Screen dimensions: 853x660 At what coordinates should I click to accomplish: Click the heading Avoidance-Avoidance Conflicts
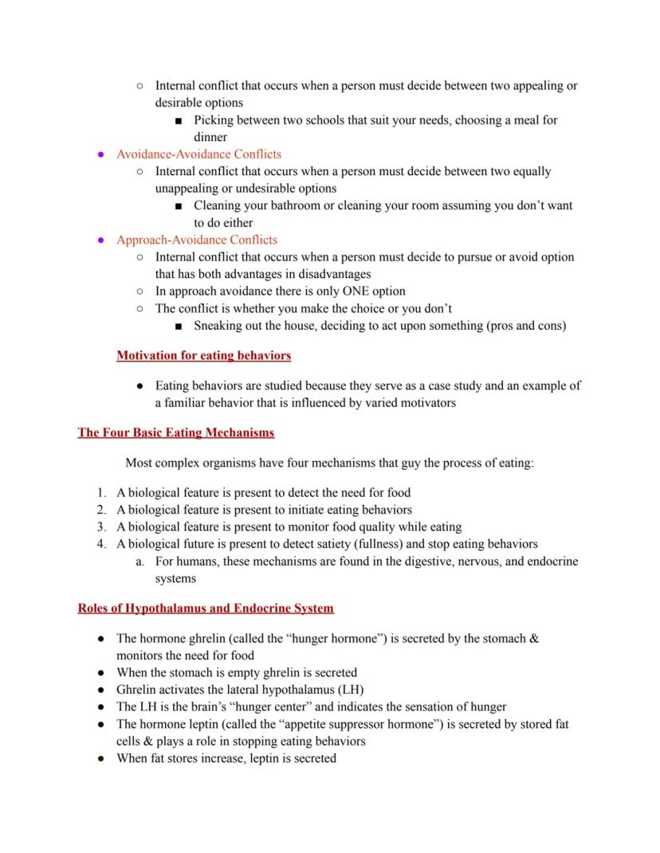point(198,154)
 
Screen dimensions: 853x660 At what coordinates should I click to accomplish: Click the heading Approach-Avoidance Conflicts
point(197,240)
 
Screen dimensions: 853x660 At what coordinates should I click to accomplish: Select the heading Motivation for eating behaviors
point(203,355)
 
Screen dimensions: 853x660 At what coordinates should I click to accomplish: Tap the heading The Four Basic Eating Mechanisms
point(175,433)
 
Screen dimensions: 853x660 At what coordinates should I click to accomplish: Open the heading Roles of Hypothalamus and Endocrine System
point(206,608)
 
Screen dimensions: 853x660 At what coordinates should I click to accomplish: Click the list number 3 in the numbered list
point(101,527)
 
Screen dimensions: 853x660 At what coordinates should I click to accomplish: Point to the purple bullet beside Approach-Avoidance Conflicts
point(100,240)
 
